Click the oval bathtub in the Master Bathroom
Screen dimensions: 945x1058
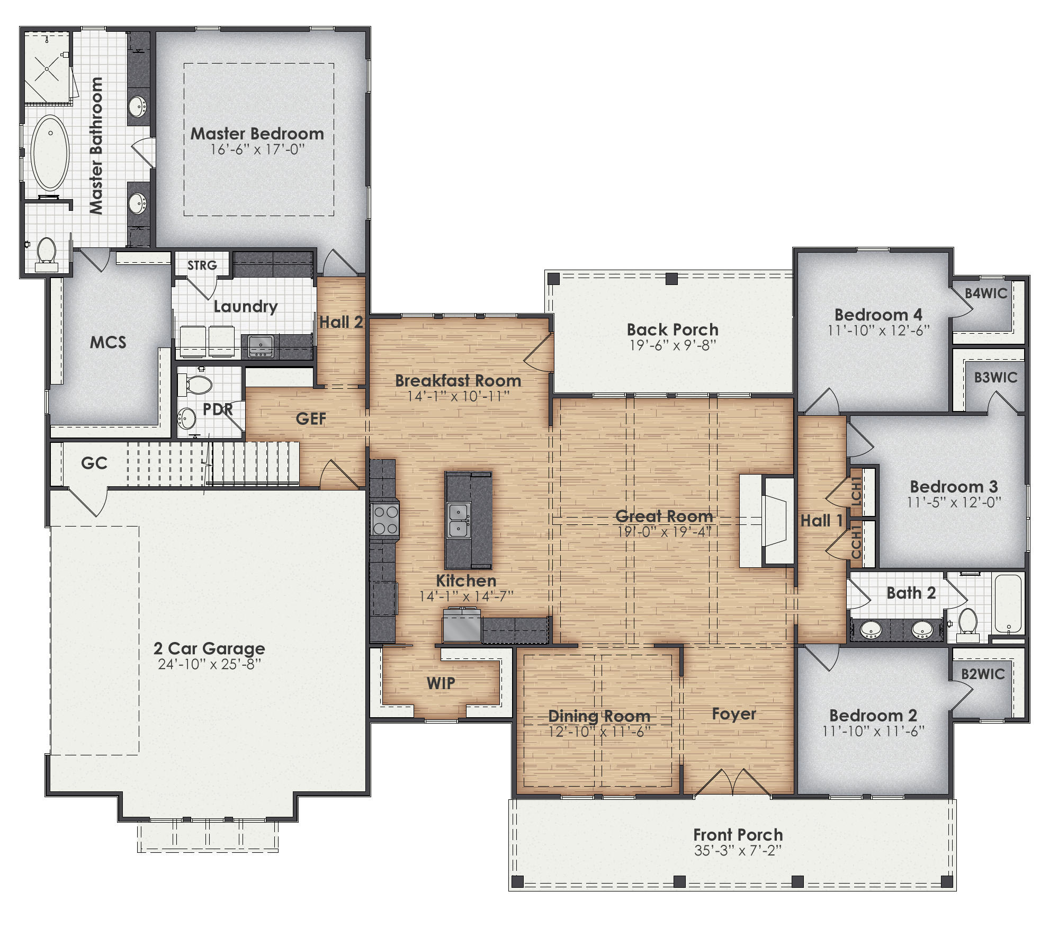coord(50,153)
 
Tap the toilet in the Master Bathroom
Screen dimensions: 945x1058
coord(47,252)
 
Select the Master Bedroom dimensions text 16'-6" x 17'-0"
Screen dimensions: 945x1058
coord(257,150)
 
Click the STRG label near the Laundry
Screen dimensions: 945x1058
coord(202,265)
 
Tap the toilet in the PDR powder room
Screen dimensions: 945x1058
coord(196,385)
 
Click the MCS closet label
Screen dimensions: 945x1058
coord(108,342)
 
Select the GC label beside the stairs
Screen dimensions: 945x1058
coord(94,463)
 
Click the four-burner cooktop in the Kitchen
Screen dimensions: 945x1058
coord(385,519)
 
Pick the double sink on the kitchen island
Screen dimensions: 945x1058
coord(459,520)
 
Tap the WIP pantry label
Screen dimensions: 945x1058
coord(441,683)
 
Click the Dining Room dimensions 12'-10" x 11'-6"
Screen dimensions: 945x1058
coord(599,732)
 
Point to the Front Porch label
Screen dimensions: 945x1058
coord(738,835)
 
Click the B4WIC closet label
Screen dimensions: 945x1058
coord(985,293)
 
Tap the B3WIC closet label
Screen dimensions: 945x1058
coord(996,378)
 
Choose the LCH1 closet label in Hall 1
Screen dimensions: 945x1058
coord(856,492)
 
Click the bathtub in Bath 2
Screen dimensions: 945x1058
coord(1008,604)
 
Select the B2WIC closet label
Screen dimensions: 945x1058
coord(983,674)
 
